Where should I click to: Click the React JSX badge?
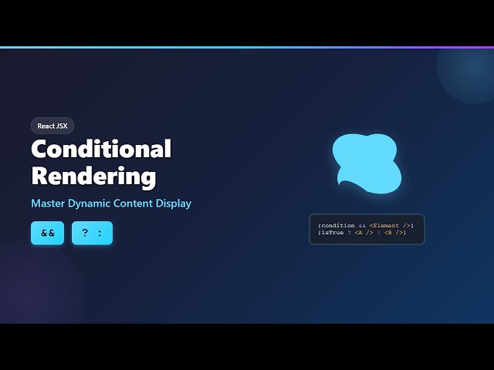point(52,126)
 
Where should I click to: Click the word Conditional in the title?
point(101,149)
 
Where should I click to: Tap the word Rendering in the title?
point(93,176)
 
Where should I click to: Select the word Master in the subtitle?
point(48,203)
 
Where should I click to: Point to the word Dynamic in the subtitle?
point(90,203)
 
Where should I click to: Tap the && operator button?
point(47,233)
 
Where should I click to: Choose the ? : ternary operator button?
point(92,233)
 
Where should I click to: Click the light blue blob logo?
point(367,162)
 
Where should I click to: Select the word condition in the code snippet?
point(337,225)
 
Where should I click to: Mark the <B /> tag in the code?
point(394,233)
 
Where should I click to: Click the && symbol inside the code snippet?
point(362,225)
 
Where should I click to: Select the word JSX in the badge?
point(62,126)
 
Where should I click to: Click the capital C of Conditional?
point(40,149)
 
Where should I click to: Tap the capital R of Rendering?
point(40,176)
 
